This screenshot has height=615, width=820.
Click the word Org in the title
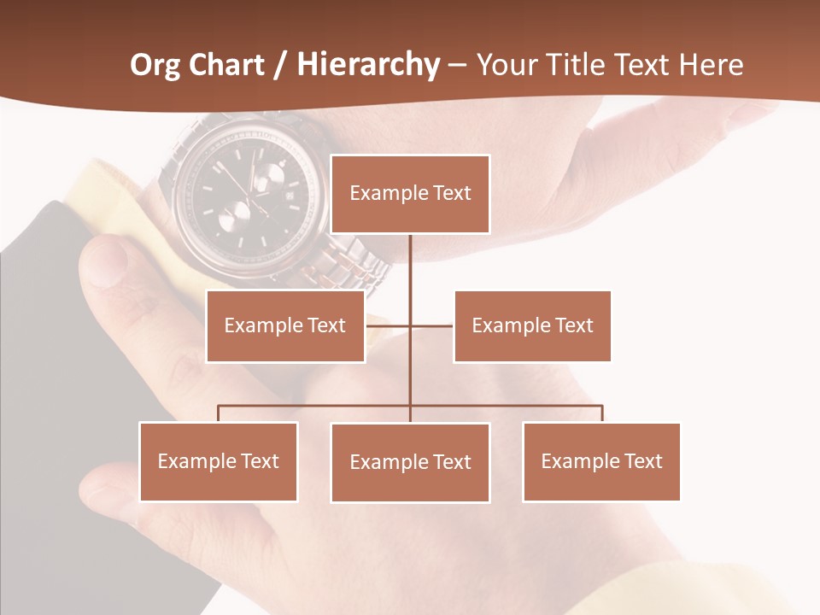coord(156,65)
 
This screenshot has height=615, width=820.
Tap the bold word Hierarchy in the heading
coord(368,65)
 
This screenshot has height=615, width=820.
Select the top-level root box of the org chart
coord(410,194)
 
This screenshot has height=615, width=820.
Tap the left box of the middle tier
coord(285,325)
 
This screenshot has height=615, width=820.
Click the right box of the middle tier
coord(532,325)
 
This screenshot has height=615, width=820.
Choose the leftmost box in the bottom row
coord(219,461)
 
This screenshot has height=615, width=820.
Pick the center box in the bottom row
coord(410,462)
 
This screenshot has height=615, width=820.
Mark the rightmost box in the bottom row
coord(601,461)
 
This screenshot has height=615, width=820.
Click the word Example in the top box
coord(380,193)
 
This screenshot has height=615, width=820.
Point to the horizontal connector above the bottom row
coord(316,406)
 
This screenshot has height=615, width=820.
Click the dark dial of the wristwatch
coord(248,192)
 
